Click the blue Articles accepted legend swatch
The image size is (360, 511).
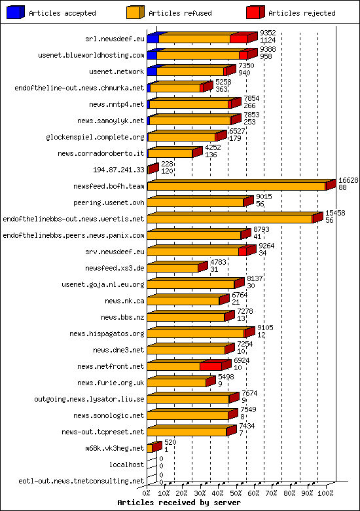16,12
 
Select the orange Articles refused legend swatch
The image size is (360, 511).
135,12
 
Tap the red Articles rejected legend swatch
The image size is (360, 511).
255,12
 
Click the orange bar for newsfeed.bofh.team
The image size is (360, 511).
236,186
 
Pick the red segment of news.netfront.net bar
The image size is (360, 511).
210,366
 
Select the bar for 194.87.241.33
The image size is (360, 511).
152,170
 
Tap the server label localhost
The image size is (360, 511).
126,464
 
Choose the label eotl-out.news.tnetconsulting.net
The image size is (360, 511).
81,481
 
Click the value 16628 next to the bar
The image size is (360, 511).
348,180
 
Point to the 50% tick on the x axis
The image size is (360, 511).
236,492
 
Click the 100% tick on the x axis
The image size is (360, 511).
325,492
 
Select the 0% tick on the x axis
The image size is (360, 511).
147,492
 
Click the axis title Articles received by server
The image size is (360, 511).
179,502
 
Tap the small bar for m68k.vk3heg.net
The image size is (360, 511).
150,448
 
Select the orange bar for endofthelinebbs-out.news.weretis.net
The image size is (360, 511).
230,219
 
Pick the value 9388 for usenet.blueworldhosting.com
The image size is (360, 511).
267,48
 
